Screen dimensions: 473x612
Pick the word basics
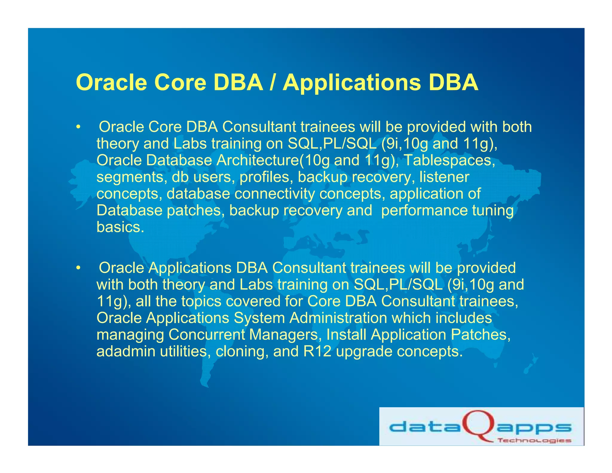point(120,227)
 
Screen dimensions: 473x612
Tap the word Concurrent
point(206,335)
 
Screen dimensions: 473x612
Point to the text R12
point(317,351)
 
